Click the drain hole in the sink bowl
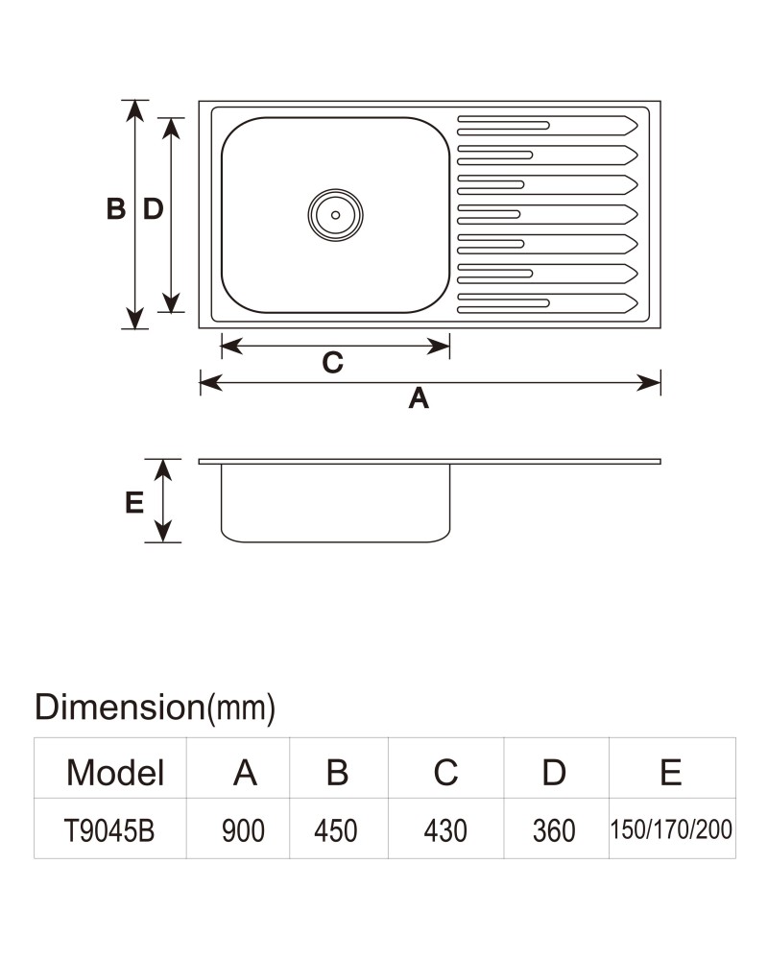336,215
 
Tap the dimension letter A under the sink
419,398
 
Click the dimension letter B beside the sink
116,208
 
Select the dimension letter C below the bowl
332,363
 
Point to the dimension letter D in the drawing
153,208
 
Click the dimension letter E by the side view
134,503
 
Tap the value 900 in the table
243,830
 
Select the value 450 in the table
336,830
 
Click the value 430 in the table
445,830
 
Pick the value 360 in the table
554,830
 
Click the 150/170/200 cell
671,829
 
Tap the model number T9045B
109,830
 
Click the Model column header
115,772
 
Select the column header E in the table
671,772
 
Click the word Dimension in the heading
119,707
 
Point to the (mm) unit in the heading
241,708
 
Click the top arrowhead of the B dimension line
134,110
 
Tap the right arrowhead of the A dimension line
649,383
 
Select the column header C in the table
445,772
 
